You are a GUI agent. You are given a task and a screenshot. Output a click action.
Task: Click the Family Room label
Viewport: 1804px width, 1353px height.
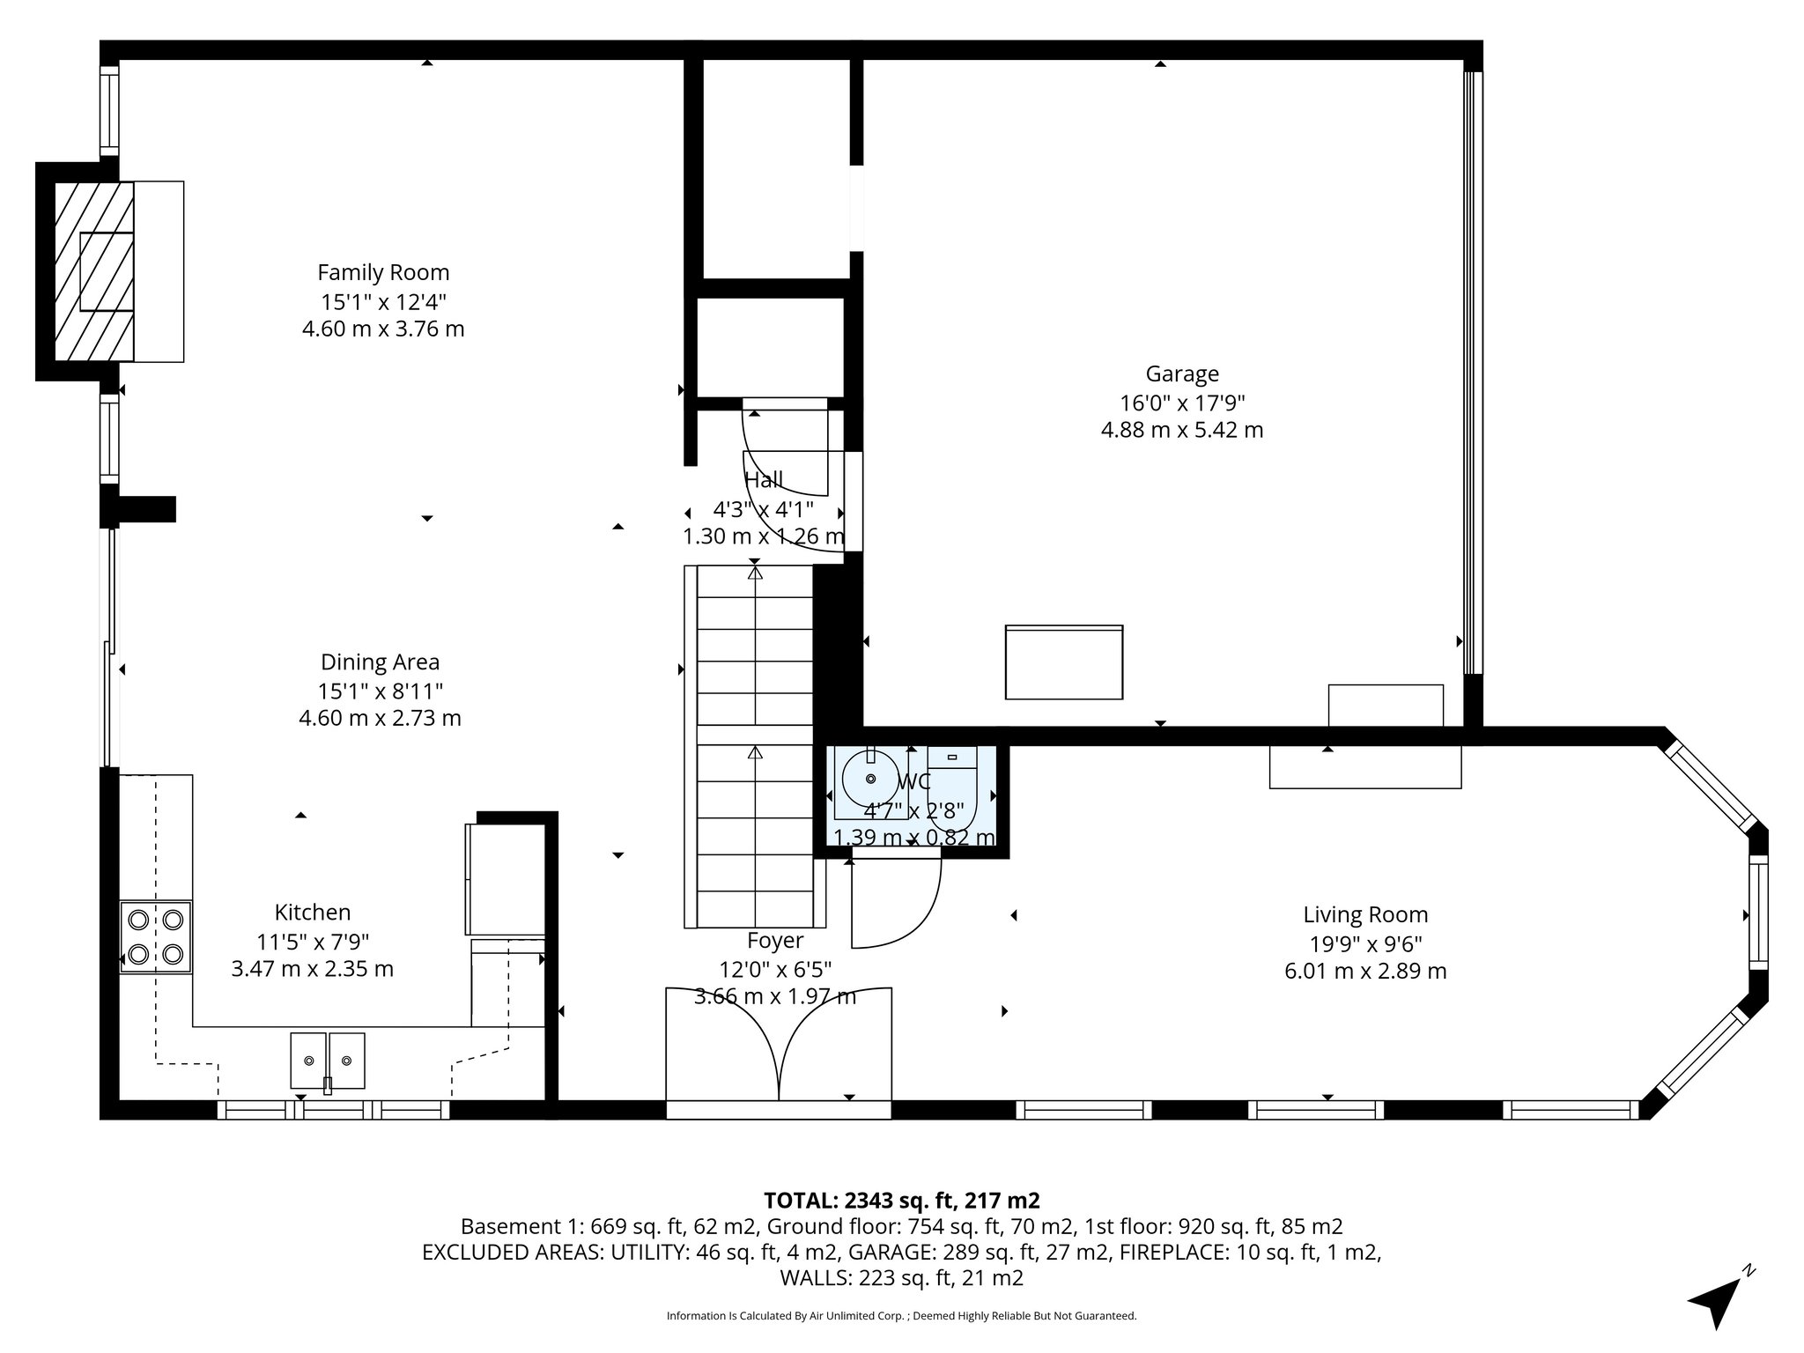[x=383, y=272]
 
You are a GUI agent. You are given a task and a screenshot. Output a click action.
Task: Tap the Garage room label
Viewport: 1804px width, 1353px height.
[x=1182, y=373]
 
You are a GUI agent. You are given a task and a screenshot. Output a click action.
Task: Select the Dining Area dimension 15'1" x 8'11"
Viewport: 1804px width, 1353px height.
[x=380, y=690]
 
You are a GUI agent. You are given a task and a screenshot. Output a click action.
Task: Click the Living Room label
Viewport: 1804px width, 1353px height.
[x=1365, y=914]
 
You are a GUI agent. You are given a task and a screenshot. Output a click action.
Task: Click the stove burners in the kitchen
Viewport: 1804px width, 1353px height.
[x=156, y=936]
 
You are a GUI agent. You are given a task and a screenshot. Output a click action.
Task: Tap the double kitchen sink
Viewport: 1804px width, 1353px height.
[x=328, y=1061]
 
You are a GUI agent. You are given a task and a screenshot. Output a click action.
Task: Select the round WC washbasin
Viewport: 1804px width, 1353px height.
[x=870, y=779]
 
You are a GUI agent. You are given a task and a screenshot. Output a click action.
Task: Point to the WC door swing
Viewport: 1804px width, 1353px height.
[x=894, y=903]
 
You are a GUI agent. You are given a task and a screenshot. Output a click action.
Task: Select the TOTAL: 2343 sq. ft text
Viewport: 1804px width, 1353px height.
[x=901, y=1200]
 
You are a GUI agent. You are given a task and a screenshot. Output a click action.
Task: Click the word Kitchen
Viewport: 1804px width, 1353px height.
[x=313, y=912]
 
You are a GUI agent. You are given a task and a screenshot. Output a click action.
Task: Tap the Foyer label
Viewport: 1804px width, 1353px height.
[x=775, y=941]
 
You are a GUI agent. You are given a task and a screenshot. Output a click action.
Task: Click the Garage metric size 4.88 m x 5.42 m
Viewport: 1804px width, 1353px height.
[x=1182, y=430]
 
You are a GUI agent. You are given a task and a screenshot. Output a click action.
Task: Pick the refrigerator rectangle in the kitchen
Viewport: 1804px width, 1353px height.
[x=506, y=878]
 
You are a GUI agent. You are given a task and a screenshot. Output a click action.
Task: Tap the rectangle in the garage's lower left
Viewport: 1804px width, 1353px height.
[x=1064, y=662]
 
